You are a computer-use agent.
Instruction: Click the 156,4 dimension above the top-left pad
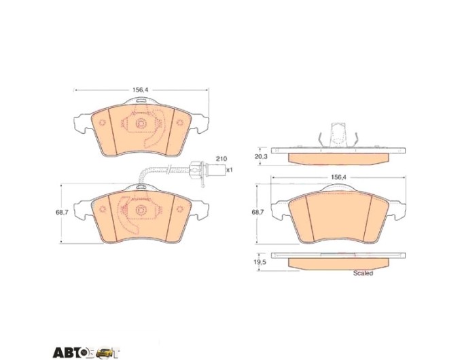(140, 90)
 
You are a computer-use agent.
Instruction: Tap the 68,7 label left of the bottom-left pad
(62, 212)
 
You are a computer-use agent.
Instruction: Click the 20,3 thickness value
(261, 157)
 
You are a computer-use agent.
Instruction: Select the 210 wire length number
(221, 159)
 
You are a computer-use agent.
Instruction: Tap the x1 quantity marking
(229, 170)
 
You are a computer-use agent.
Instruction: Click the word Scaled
(363, 273)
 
